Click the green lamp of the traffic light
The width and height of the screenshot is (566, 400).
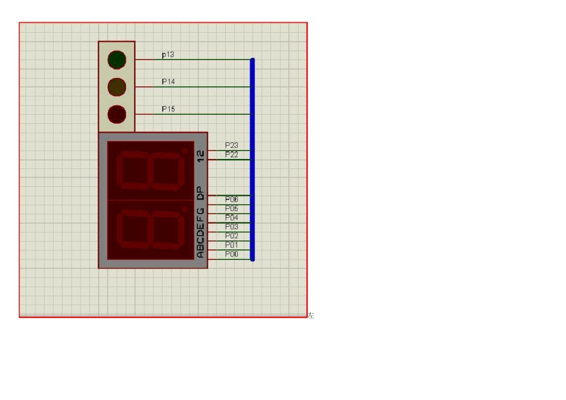[x=117, y=60]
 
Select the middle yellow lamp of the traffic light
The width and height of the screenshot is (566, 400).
[x=117, y=87]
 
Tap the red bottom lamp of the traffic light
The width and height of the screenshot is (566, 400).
[x=117, y=114]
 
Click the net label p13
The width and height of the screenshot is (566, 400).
[x=168, y=54]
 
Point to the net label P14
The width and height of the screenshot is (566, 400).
[x=168, y=82]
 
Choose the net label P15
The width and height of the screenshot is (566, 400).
[x=168, y=109]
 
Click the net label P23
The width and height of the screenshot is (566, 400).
[x=231, y=145]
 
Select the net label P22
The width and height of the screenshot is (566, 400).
[x=231, y=154]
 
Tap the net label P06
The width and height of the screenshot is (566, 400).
[x=231, y=199]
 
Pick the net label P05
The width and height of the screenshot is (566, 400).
[x=231, y=208]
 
